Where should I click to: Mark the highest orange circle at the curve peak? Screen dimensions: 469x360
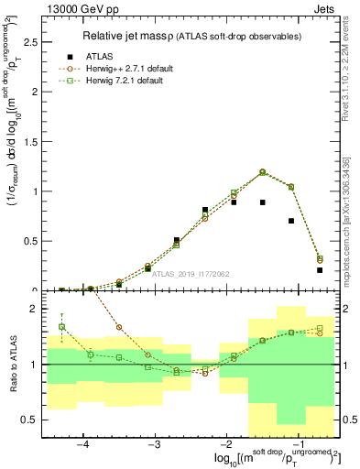[262, 171]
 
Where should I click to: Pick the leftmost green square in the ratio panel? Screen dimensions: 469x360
[61, 326]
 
